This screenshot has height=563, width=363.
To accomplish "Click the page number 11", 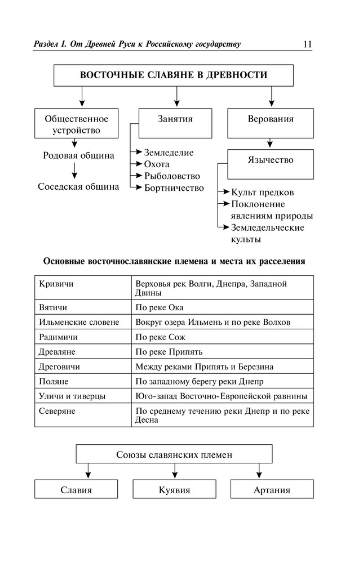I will tap(307, 44).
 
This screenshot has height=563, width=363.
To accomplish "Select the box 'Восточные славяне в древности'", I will tap(174, 75).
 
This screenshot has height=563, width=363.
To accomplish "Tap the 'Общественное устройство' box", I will tap(76, 124).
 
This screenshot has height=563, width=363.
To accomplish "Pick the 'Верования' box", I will tap(271, 119).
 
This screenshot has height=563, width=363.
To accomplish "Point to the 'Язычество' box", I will tap(271, 160).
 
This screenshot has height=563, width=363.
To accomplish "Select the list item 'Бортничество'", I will tap(174, 188).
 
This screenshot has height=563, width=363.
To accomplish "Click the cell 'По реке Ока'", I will tap(160, 308).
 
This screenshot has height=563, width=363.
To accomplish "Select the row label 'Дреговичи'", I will tap(60, 367).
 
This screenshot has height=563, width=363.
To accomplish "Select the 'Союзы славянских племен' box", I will tap(174, 454).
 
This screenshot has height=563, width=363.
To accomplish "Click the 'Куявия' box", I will tap(174, 490).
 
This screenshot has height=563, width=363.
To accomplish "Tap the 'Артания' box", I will tap(272, 490).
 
